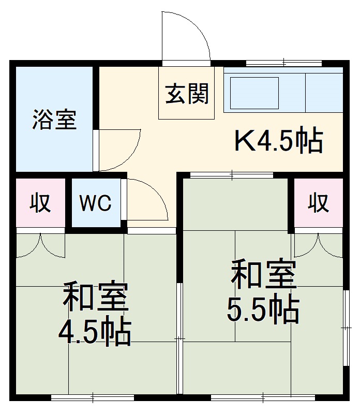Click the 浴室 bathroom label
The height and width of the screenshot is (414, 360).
point(54,120)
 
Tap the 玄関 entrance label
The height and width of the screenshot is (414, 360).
point(187,94)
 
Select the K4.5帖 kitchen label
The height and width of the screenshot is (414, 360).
point(279,141)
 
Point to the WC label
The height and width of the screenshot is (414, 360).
point(95,203)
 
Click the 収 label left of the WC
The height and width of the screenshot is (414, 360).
point(40,202)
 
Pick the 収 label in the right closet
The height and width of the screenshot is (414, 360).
point(319,202)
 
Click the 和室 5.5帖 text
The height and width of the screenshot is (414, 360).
point(263,292)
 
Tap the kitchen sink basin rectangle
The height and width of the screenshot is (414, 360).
point(254,93)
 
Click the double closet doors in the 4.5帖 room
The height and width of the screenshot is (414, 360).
point(40,246)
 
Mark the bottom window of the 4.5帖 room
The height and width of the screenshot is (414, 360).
point(93,397)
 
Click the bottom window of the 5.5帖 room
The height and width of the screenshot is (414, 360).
point(263,397)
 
